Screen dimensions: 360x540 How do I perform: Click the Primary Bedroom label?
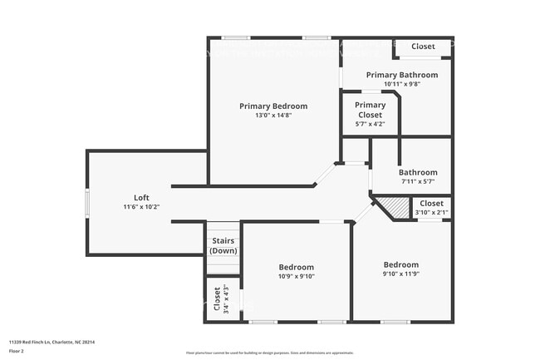click(x=273, y=106)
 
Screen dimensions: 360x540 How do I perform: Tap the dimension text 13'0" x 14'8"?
click(x=273, y=115)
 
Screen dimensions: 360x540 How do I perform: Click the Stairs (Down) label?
click(x=223, y=245)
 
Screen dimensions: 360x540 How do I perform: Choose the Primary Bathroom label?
click(x=402, y=74)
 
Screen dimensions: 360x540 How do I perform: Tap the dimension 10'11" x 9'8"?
click(x=402, y=83)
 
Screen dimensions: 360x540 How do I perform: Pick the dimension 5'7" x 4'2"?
click(x=370, y=124)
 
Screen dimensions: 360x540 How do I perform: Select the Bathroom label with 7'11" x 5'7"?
click(x=418, y=172)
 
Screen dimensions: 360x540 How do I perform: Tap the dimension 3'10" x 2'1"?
click(x=431, y=213)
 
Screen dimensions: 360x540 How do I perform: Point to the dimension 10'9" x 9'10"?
click(x=297, y=276)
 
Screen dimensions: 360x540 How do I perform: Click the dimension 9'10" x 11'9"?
click(x=401, y=273)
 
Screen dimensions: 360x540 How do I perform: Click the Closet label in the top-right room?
click(x=423, y=47)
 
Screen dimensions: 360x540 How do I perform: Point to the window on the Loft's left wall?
click(x=86, y=202)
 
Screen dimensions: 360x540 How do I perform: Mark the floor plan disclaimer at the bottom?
click(x=270, y=353)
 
